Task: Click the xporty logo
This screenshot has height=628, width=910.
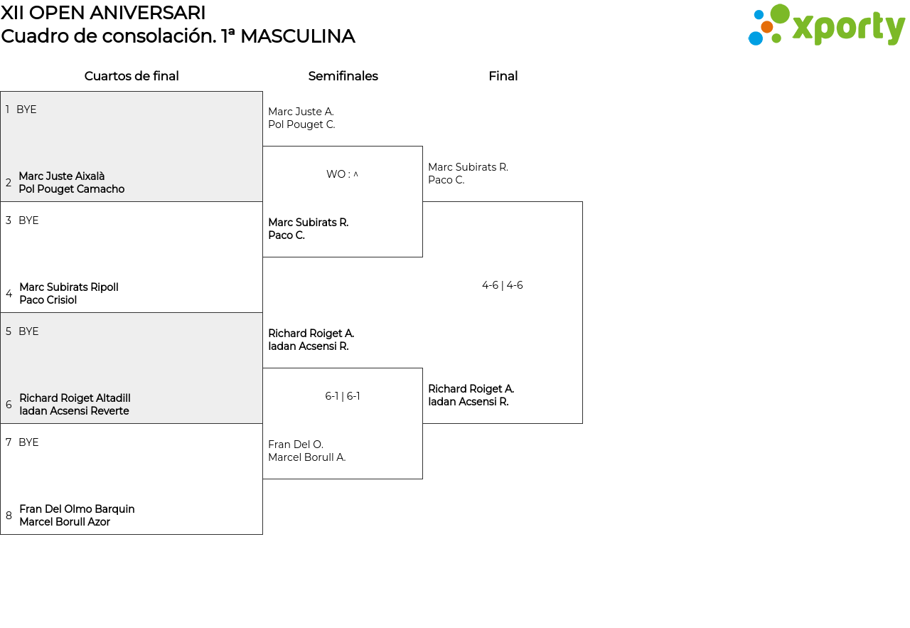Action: (826, 24)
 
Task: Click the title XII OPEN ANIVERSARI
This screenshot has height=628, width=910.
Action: (103, 13)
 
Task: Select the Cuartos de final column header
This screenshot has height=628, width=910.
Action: (132, 76)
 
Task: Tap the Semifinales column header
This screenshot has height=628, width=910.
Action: (343, 76)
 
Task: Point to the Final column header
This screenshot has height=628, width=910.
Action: (503, 76)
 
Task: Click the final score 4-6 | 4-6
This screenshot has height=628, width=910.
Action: (502, 285)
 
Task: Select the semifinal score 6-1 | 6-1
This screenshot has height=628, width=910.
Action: (343, 396)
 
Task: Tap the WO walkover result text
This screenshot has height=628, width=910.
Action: (342, 174)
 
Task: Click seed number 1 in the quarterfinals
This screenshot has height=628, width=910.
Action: (7, 110)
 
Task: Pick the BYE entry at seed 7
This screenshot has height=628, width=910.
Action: (28, 442)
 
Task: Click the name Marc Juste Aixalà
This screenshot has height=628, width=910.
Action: (62, 176)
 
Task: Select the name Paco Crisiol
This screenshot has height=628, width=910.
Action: (48, 300)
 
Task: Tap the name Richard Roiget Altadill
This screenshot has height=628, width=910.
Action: (75, 398)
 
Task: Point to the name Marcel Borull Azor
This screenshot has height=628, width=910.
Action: (65, 522)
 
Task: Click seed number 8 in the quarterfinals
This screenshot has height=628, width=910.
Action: (9, 516)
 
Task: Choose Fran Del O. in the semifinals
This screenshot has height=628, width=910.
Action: (296, 445)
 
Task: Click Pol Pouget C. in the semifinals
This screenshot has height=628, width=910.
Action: (301, 124)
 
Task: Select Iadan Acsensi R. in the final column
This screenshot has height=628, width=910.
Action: (469, 402)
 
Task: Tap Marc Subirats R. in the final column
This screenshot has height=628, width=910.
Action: (468, 167)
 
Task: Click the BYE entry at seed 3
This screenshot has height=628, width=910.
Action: (28, 220)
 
